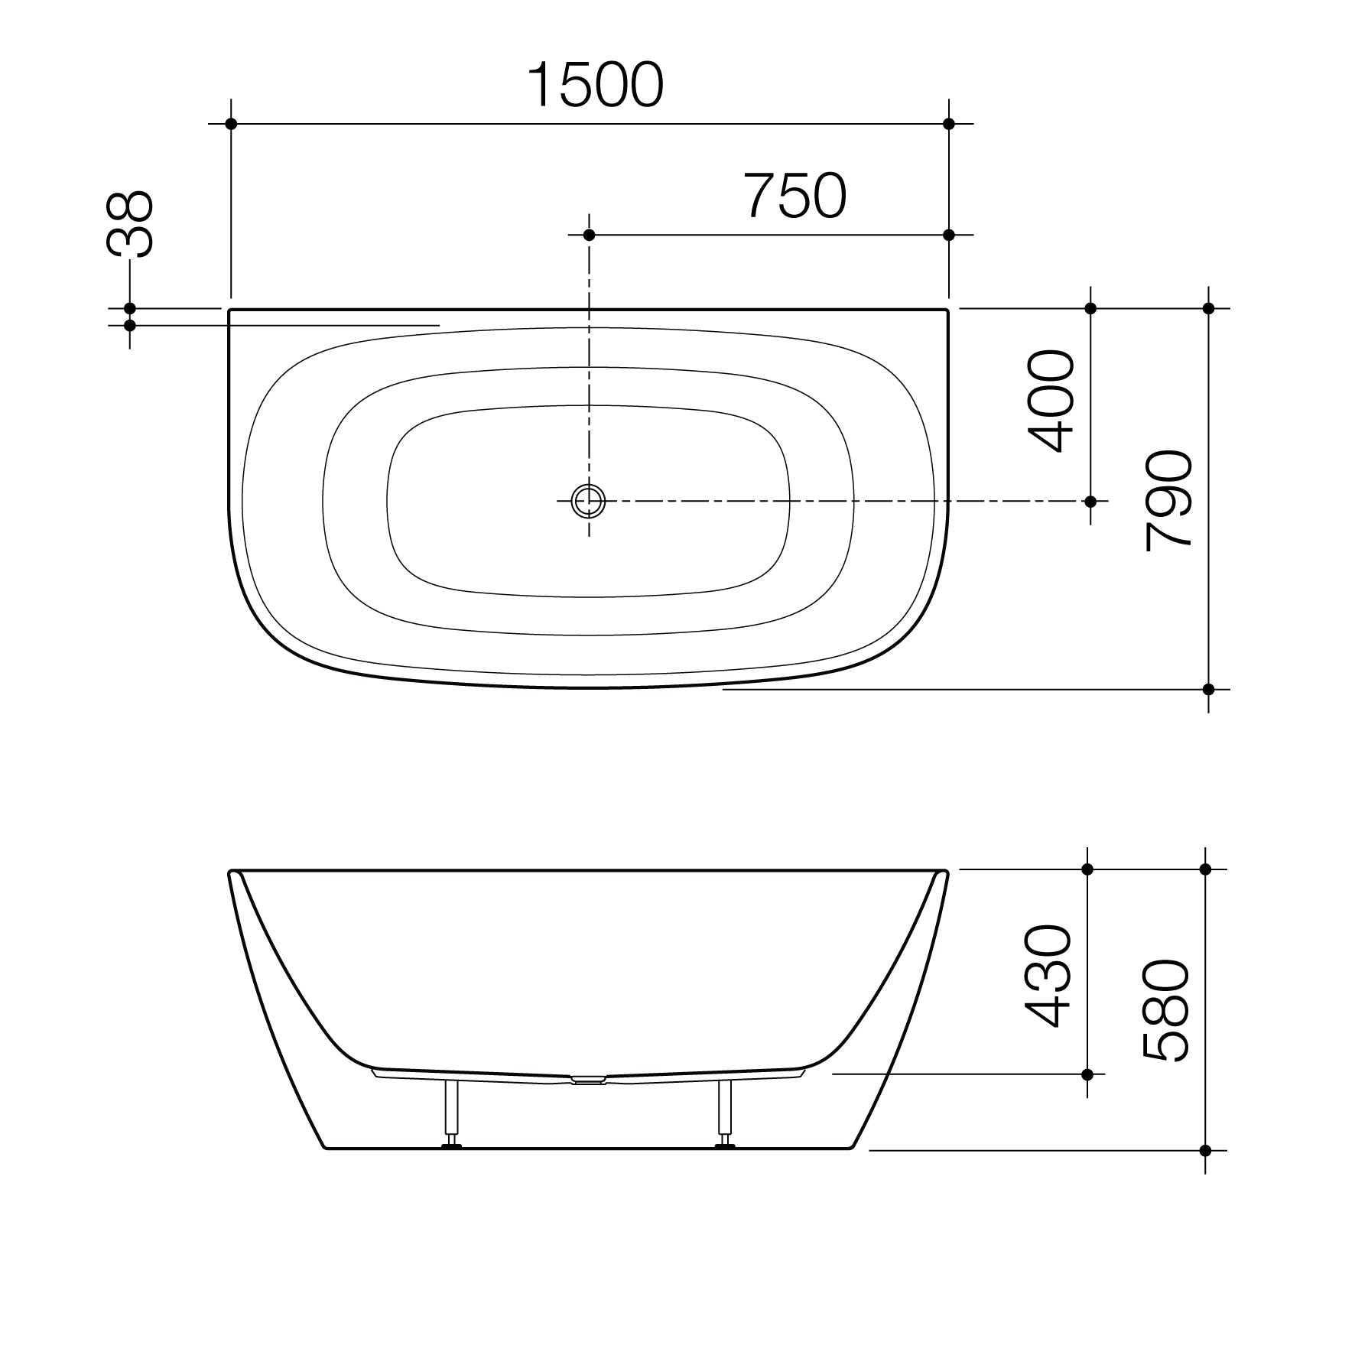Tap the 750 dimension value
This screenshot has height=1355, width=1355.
pyautogui.click(x=795, y=196)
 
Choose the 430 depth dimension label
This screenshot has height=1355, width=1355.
pyautogui.click(x=1048, y=976)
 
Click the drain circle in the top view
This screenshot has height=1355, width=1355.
pyautogui.click(x=589, y=502)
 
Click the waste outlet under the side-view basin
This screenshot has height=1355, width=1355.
pyautogui.click(x=588, y=1080)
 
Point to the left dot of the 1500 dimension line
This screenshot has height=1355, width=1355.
pyautogui.click(x=231, y=124)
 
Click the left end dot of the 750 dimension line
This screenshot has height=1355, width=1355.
pyautogui.click(x=589, y=235)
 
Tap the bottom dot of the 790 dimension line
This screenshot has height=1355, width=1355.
pyautogui.click(x=1208, y=689)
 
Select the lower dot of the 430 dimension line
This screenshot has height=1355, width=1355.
pyautogui.click(x=1087, y=1074)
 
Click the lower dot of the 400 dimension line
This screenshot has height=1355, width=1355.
pyautogui.click(x=1090, y=502)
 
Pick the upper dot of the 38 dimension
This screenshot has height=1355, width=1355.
pyautogui.click(x=130, y=309)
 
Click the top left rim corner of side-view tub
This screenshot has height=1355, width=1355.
pyautogui.click(x=232, y=872)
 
